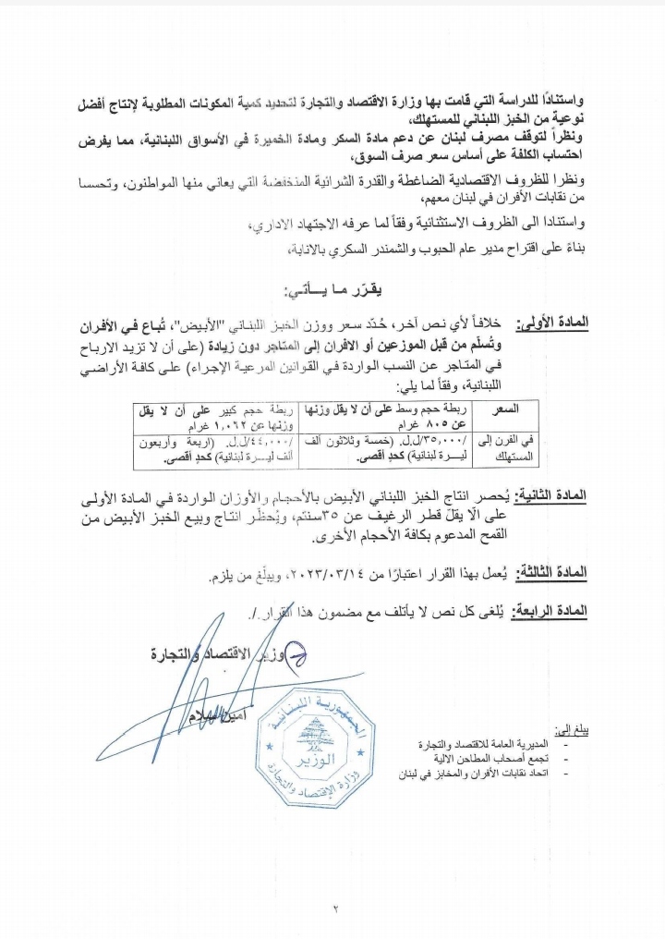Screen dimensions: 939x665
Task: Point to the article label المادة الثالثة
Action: pos(552,574)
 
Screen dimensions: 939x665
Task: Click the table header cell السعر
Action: pos(508,409)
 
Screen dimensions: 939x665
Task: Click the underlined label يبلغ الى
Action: pos(573,730)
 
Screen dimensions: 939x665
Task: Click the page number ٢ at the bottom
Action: pos(336,909)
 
